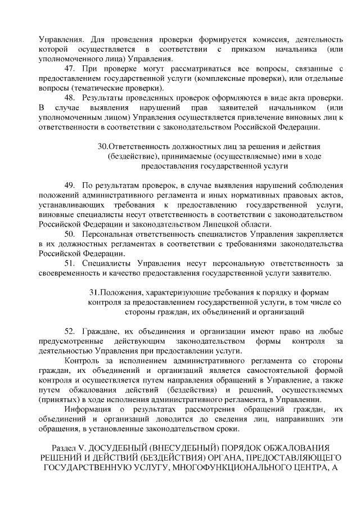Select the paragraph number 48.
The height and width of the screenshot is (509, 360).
(x=71, y=97)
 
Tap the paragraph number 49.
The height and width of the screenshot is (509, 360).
(x=71, y=185)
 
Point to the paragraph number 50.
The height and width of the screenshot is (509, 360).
(x=71, y=233)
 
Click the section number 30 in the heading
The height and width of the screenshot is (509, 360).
(x=102, y=146)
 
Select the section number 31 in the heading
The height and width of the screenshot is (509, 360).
(x=93, y=292)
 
